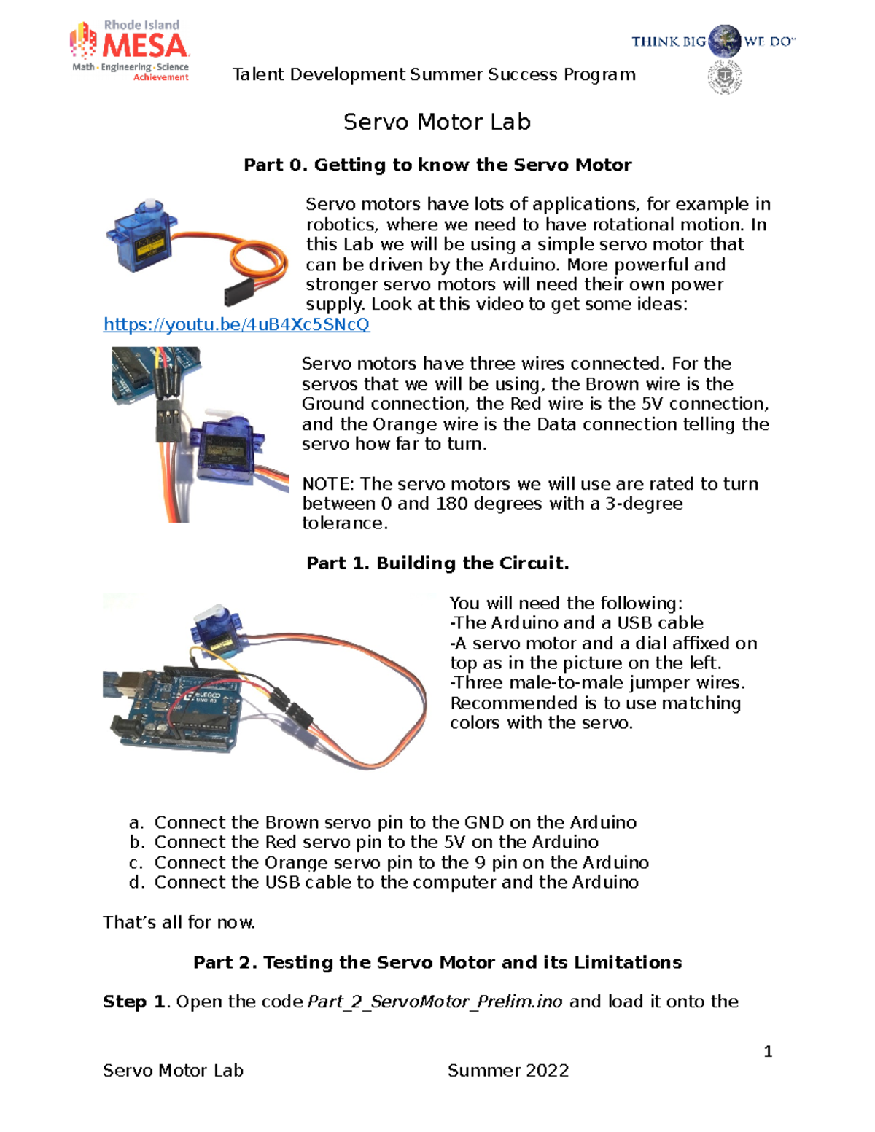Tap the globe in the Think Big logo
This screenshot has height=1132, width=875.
click(x=724, y=42)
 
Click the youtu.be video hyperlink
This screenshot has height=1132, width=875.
click(x=236, y=324)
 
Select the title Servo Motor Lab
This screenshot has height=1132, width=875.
click(x=437, y=122)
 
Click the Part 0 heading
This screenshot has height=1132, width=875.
click(x=437, y=165)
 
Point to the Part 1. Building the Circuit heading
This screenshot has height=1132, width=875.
click(x=437, y=563)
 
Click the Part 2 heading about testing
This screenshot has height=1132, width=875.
click(x=437, y=962)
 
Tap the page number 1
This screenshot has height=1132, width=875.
click(x=767, y=1051)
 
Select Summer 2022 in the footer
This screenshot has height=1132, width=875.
click(x=507, y=1070)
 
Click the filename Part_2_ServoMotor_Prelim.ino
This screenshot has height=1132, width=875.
click(x=435, y=1002)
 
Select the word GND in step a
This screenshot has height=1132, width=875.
click(x=483, y=822)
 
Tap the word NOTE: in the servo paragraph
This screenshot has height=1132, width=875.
click(x=328, y=483)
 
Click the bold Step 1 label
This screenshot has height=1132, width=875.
click(x=135, y=1002)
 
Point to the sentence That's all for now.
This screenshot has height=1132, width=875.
click(x=179, y=922)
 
